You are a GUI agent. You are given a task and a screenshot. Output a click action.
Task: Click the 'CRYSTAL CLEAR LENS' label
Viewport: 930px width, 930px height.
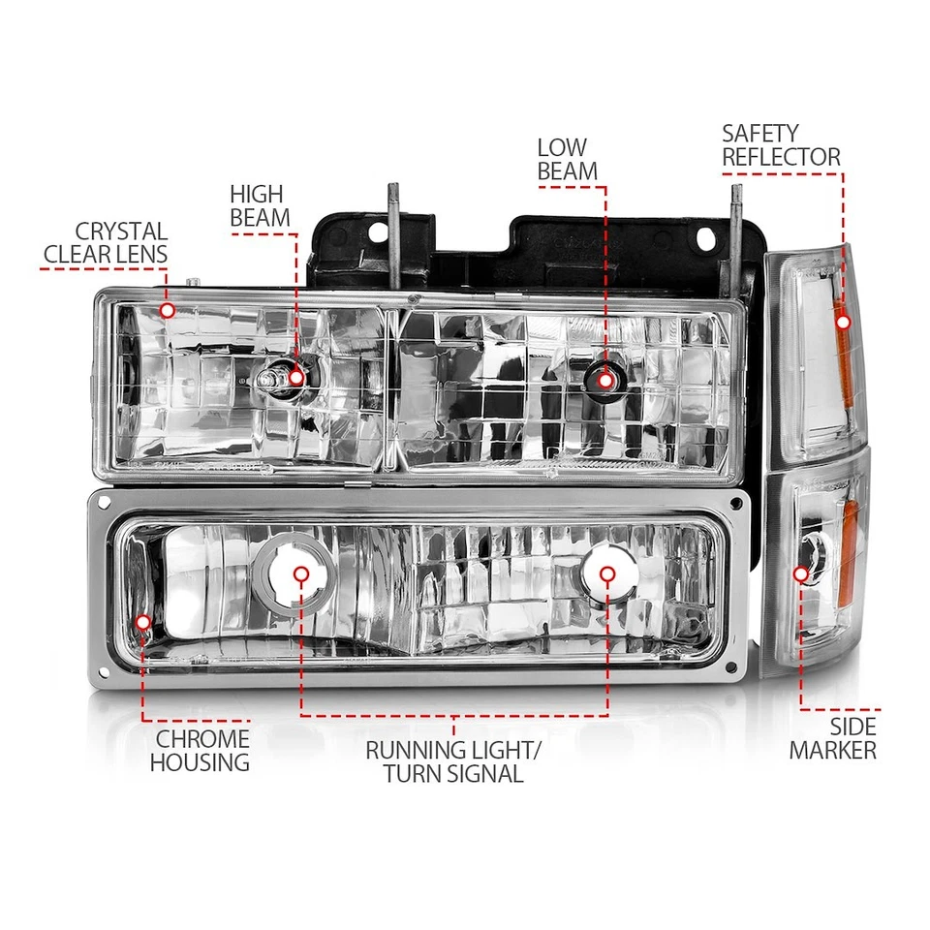pyautogui.click(x=107, y=243)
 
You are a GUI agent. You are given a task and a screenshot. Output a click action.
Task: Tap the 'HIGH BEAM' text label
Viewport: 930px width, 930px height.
pyautogui.click(x=260, y=205)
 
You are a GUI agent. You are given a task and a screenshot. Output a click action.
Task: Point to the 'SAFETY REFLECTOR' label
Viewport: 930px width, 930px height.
pyautogui.click(x=781, y=144)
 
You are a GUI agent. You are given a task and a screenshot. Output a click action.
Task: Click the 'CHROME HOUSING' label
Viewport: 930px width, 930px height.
pyautogui.click(x=199, y=751)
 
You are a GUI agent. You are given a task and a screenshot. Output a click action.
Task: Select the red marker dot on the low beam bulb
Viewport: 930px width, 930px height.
pyautogui.click(x=606, y=380)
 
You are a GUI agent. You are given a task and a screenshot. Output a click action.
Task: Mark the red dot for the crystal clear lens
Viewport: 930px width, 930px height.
pyautogui.click(x=168, y=310)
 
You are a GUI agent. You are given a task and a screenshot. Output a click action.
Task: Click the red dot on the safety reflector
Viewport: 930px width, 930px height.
pyautogui.click(x=842, y=322)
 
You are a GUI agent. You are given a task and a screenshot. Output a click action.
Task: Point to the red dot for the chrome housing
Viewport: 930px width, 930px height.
pyautogui.click(x=143, y=621)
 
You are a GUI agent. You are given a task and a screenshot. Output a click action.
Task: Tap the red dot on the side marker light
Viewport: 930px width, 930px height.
pyautogui.click(x=801, y=573)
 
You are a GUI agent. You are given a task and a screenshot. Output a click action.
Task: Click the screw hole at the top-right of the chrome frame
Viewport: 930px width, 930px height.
pyautogui.click(x=737, y=506)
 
